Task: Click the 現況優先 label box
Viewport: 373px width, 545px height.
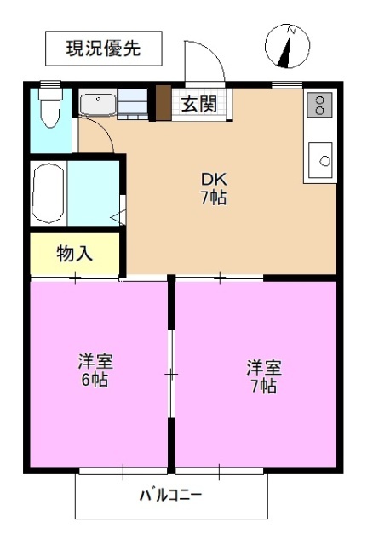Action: click(103, 49)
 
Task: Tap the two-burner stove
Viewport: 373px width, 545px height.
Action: click(320, 104)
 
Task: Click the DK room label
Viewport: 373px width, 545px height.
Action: click(213, 180)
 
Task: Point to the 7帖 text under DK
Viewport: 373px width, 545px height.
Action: click(213, 199)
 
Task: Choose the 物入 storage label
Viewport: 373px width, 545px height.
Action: click(74, 253)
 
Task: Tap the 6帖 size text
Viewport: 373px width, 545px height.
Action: click(95, 381)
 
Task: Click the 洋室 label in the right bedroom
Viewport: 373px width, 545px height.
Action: click(264, 367)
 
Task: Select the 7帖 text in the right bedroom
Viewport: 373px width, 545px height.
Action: click(264, 387)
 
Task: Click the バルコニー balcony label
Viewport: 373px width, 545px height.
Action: click(171, 495)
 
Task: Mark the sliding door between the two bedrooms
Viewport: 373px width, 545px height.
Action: click(171, 374)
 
